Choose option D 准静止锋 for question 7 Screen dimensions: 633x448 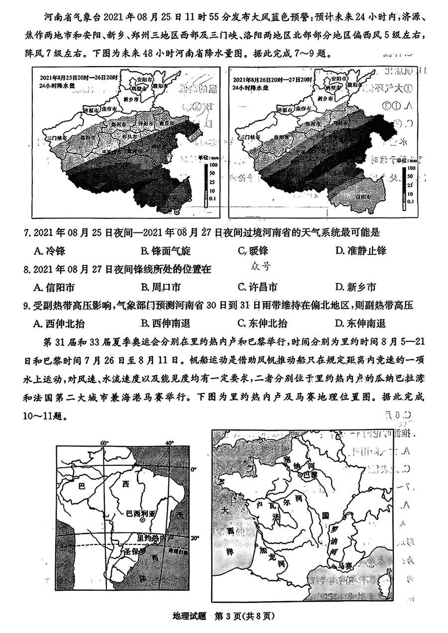pos(360,250)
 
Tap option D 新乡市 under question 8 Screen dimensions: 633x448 pos(355,287)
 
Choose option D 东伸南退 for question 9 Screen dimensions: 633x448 pos(360,323)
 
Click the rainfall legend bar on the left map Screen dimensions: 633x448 pos(206,185)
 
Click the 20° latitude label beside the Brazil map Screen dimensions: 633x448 pos(195,538)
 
